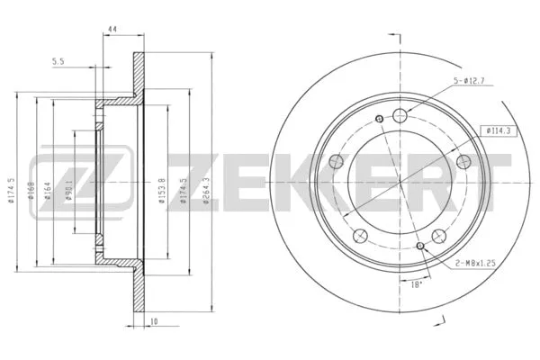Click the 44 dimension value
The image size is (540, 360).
click(x=112, y=30)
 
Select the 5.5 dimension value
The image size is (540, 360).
click(x=58, y=61)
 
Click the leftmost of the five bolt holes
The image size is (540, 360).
click(x=337, y=162)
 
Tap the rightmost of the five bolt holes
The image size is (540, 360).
click(x=464, y=161)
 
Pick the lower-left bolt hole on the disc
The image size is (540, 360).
click(x=361, y=237)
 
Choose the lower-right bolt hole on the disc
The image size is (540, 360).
click(x=440, y=237)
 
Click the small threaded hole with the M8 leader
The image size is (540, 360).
click(x=420, y=243)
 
